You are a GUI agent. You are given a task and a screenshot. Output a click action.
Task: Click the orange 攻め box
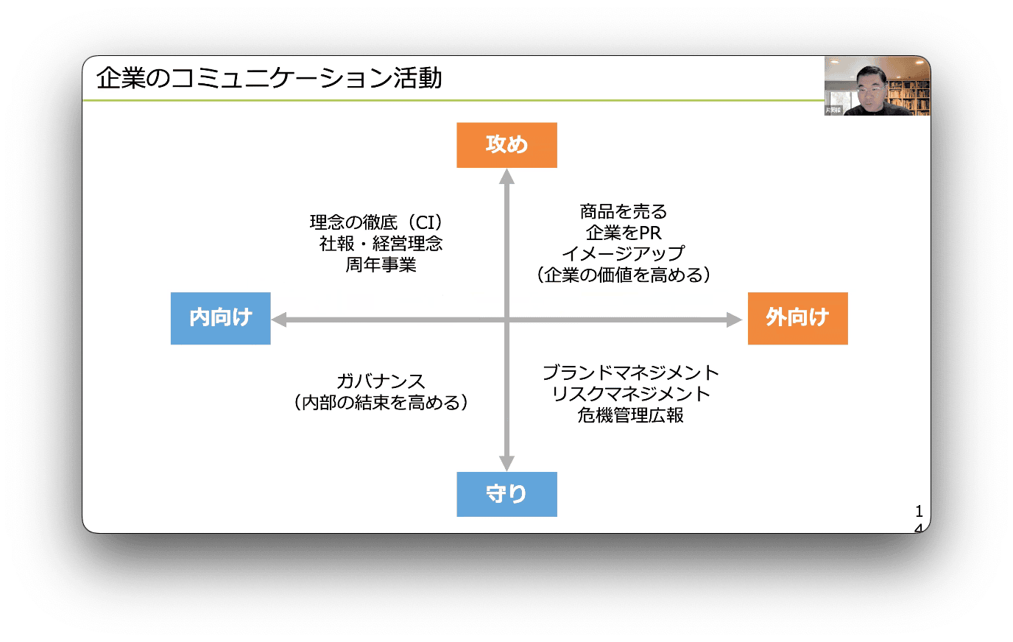coord(506,145)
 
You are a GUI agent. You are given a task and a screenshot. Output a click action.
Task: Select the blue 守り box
coord(506,494)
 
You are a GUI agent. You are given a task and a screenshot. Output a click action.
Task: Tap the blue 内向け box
coord(221,318)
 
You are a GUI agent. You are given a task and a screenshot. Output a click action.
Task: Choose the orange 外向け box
coord(797,318)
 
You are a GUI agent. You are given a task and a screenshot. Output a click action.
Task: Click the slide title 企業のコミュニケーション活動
coord(269,78)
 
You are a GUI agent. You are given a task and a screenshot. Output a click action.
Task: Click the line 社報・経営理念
coord(381,244)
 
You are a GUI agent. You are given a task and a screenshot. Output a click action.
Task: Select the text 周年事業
coord(381,265)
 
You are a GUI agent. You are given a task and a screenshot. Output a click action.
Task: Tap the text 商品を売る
coord(624,212)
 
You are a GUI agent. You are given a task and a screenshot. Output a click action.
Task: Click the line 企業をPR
coord(624,233)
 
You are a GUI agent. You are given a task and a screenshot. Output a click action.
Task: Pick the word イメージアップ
coord(624,254)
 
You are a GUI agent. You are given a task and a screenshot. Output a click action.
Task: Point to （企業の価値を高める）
coord(624,275)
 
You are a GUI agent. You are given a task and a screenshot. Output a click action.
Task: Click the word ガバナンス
coord(381,381)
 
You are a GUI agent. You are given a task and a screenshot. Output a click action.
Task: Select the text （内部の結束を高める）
coord(381,403)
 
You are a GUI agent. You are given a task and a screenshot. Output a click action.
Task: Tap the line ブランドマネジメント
coord(631,373)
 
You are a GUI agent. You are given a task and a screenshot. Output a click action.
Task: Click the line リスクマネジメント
coord(631,394)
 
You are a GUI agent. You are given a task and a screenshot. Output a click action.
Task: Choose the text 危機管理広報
coord(631,415)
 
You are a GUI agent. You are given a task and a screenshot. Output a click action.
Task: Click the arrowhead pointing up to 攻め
coord(506,177)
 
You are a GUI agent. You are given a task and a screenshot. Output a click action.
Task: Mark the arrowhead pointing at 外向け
coord(734,320)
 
